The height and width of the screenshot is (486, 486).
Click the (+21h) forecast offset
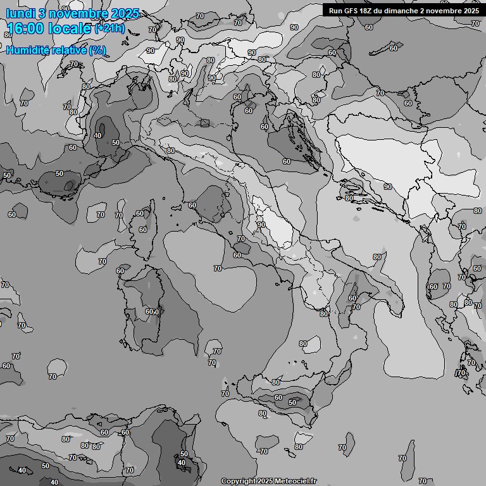point(109,28)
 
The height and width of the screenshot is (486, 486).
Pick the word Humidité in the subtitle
point(28,50)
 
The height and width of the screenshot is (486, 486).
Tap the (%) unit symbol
point(97,50)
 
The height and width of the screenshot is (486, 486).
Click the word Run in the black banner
point(335,10)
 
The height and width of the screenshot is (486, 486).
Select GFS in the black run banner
point(350,10)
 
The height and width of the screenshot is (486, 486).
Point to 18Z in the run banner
point(366,10)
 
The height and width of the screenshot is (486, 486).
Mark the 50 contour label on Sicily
point(292,402)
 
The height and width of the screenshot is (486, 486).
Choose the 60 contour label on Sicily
point(278,397)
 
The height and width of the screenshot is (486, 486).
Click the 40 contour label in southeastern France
point(97,135)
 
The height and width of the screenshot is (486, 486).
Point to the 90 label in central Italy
point(261,225)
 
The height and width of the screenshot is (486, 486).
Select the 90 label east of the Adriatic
point(387,187)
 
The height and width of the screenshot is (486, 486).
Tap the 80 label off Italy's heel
point(377,257)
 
